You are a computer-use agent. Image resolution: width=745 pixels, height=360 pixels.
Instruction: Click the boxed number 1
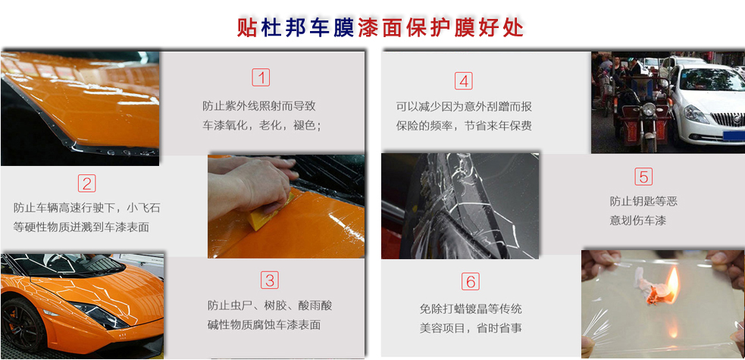pyautogui.click(x=261, y=77)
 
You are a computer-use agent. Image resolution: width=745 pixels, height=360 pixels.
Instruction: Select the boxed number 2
pyautogui.click(x=87, y=183)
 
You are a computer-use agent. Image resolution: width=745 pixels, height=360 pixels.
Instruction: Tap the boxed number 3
pyautogui.click(x=269, y=280)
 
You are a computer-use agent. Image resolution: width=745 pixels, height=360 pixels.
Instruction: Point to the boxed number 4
pyautogui.click(x=464, y=81)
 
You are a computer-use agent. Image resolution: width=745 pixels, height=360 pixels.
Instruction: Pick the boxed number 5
pyautogui.click(x=643, y=177)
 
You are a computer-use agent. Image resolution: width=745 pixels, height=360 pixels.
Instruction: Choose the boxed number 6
pyautogui.click(x=471, y=282)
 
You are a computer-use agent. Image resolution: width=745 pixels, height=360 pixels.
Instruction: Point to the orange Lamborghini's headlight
pyautogui.click(x=100, y=315)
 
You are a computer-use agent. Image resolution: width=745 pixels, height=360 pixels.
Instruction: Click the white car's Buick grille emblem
pyautogui.click(x=736, y=119)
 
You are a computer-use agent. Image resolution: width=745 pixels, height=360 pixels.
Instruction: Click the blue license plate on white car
pyautogui.click(x=734, y=136)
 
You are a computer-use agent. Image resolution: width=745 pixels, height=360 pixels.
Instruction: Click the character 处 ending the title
pyautogui.click(x=513, y=27)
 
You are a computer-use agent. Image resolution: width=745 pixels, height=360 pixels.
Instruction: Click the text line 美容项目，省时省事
pyautogui.click(x=471, y=328)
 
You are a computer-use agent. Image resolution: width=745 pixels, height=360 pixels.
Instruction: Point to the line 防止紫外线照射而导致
pyautogui.click(x=259, y=106)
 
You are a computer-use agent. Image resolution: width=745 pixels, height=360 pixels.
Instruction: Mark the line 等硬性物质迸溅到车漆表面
pyautogui.click(x=81, y=227)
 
